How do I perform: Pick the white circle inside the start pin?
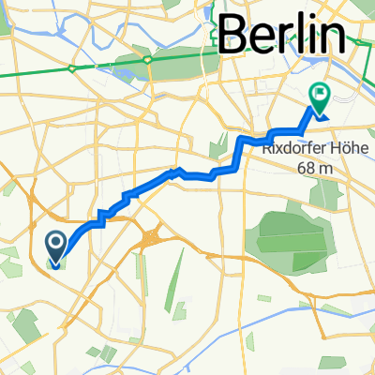pos(55,243)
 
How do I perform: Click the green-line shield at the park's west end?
pos(149,59)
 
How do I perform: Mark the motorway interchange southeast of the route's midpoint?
pos(150,239)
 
